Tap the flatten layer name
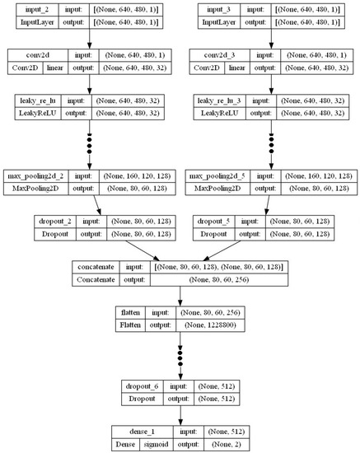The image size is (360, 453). (135, 313)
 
